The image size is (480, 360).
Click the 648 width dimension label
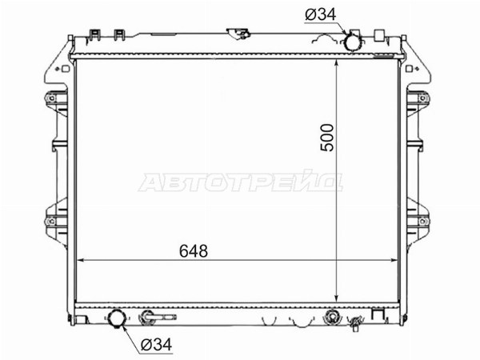[x=194, y=251]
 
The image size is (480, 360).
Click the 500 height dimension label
[x=326, y=137]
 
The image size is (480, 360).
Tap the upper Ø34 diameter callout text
[x=321, y=14]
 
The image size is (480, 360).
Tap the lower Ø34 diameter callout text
[x=157, y=345]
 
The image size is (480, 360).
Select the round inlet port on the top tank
[x=353, y=42]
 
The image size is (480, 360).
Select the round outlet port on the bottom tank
[x=117, y=318]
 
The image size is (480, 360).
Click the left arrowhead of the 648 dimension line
[x=79, y=261]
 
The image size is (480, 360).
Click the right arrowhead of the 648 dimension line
[x=394, y=261]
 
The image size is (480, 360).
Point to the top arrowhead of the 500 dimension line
[x=337, y=63]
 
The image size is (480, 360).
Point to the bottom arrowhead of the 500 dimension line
[x=337, y=298]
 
